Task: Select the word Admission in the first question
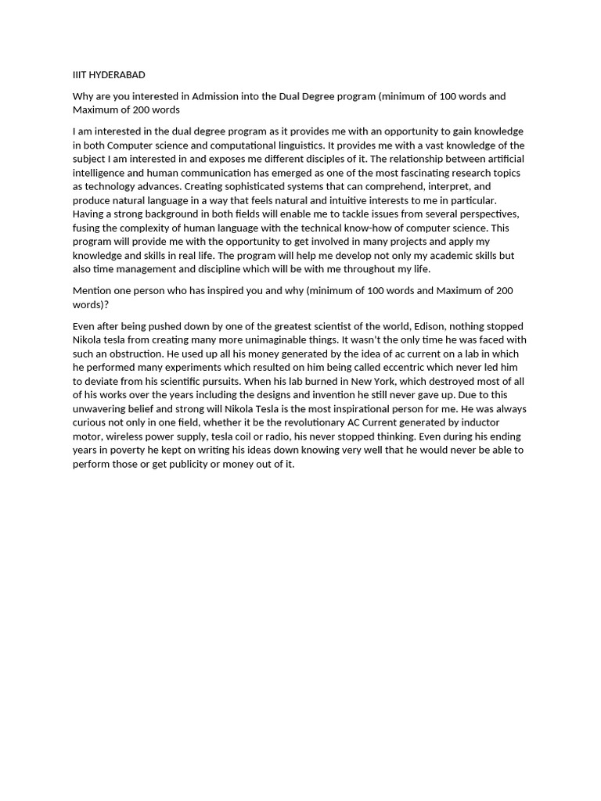(217, 96)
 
